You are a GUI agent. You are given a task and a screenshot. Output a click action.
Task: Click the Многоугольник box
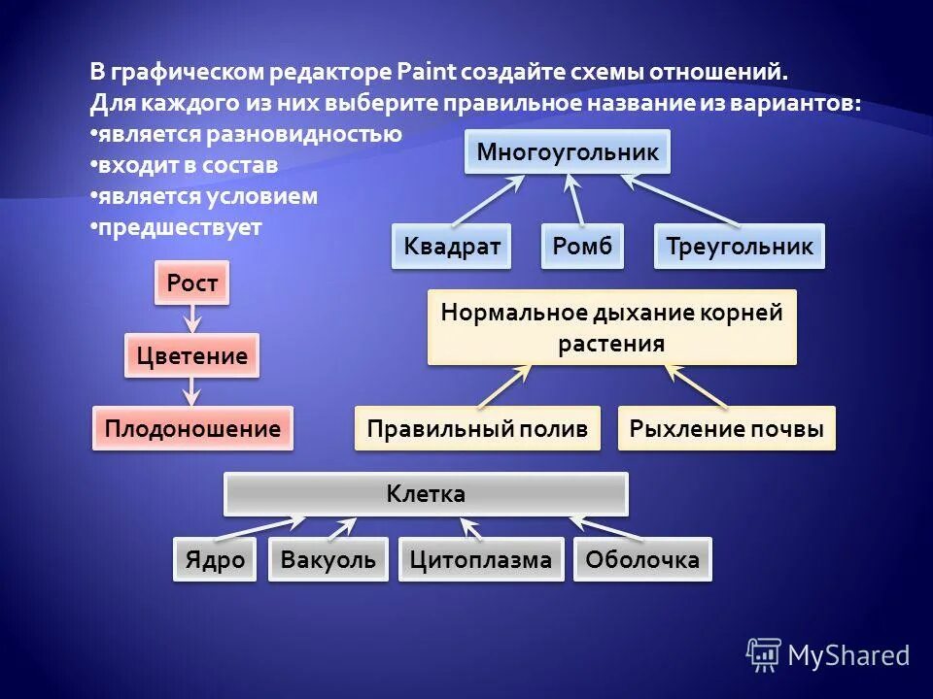click(x=568, y=152)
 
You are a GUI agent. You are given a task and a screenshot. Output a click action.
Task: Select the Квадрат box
click(x=452, y=247)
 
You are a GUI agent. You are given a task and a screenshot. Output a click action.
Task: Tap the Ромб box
click(x=582, y=247)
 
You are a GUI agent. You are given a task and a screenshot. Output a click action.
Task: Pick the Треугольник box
click(x=740, y=247)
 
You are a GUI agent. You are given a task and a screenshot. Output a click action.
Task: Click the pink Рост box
click(x=192, y=283)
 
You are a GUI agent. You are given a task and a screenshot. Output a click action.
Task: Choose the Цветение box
click(x=192, y=356)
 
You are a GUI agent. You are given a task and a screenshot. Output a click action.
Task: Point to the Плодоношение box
click(x=192, y=428)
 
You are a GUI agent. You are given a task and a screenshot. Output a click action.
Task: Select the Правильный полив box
click(x=477, y=428)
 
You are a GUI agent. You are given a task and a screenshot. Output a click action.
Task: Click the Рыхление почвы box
click(x=726, y=428)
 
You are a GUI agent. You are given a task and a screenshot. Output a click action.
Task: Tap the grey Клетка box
click(x=426, y=494)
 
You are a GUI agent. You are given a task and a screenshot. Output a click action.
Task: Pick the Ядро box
click(x=215, y=559)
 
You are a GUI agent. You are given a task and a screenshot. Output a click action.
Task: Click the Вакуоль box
click(x=328, y=559)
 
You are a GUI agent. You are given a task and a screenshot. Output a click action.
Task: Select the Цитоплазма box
click(x=480, y=559)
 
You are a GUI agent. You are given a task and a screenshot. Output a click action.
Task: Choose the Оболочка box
click(x=641, y=559)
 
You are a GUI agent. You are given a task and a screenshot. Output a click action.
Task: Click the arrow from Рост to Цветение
click(x=192, y=318)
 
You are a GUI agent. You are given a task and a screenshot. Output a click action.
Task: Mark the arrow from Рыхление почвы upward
click(x=696, y=385)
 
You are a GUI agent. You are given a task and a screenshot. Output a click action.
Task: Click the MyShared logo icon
click(x=764, y=655)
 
